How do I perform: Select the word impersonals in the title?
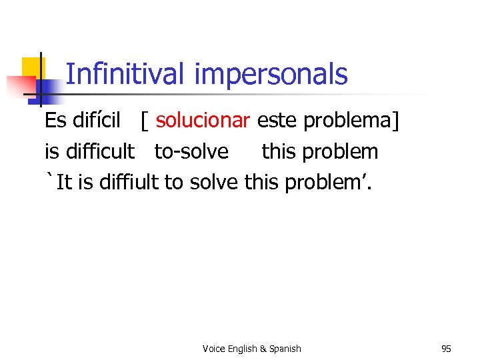point(271,75)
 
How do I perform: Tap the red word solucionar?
point(203,121)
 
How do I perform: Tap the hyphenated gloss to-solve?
point(191,152)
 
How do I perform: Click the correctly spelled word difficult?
point(100,151)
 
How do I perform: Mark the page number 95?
point(446,349)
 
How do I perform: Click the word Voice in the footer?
point(214,349)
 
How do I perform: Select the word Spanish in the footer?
point(285,349)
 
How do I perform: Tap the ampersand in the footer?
point(263,349)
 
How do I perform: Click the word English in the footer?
point(244,349)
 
